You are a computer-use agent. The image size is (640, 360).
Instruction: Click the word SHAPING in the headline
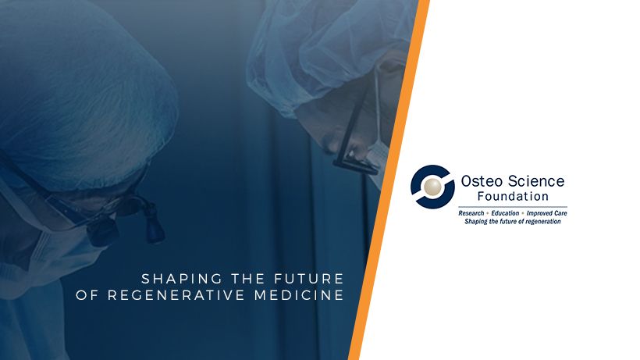tap(182, 279)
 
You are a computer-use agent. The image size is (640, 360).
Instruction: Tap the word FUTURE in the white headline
tap(309, 279)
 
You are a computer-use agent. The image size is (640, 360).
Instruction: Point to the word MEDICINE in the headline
tap(299, 295)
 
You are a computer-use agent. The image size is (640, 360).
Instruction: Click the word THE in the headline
tap(248, 279)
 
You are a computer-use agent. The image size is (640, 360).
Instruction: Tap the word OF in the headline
tap(87, 295)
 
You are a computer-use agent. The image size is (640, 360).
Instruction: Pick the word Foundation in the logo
tap(513, 196)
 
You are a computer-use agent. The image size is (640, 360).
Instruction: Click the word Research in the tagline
tap(471, 213)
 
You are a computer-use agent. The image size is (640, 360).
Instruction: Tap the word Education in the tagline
tap(505, 213)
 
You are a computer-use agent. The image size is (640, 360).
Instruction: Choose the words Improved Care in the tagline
tap(546, 213)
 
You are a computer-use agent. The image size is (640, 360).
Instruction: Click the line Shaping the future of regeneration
tap(513, 221)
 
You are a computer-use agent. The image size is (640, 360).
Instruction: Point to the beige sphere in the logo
tap(432, 187)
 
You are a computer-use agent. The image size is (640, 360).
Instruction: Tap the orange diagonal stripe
tap(389, 180)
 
